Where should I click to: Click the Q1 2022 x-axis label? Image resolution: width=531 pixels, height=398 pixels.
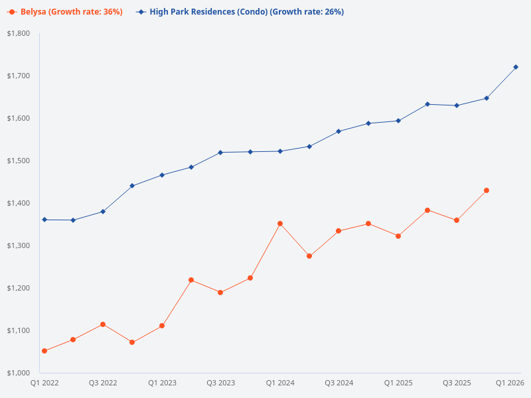pos(44,383)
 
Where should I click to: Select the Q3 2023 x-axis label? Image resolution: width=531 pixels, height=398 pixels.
pos(221,383)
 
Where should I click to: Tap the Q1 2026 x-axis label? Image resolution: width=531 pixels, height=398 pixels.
pos(510,383)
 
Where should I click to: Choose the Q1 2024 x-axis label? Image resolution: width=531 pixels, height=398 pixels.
pos(280,383)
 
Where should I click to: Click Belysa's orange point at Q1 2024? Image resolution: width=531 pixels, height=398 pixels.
pos(280,224)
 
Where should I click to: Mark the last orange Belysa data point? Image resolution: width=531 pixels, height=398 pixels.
pos(487,190)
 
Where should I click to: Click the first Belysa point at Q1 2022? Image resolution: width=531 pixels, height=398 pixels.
pos(44,351)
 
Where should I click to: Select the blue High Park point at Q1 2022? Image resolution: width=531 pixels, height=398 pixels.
pos(44,220)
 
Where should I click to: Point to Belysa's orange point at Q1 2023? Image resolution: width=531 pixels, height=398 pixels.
pos(162,326)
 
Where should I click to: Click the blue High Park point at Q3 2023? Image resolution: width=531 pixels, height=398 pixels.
pos(221,153)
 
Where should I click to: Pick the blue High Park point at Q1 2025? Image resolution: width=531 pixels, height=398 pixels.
pos(398,121)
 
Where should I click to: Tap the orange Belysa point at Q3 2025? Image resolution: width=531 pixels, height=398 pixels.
pos(457,220)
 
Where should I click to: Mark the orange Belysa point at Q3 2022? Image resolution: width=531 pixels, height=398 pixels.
pos(103,324)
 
